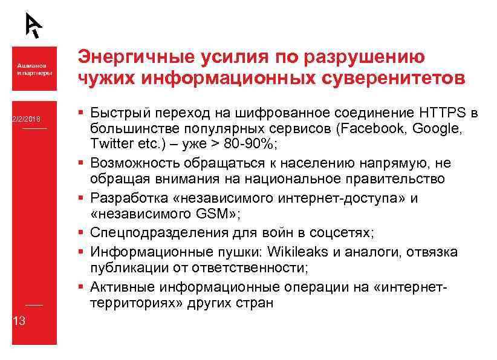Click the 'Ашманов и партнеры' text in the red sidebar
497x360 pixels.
tap(34, 68)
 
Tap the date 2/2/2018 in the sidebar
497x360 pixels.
tap(24, 119)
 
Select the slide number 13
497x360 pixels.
tap(19, 321)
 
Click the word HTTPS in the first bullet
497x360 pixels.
tap(440, 113)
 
